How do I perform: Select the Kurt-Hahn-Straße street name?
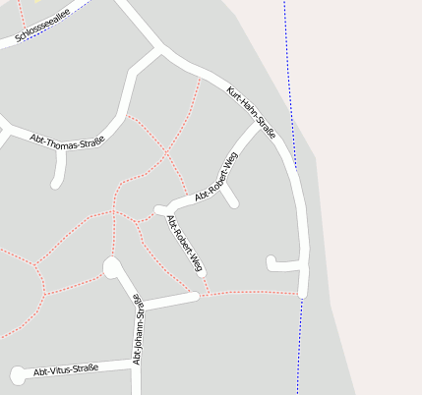pos(251,112)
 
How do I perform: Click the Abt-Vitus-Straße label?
pos(66,370)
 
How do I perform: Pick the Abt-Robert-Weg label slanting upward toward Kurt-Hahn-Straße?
pos(216,178)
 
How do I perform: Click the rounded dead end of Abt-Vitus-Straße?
pos(17,373)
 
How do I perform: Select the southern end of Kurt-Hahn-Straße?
pos(303,292)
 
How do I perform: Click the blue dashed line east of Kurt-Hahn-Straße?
pos(292,118)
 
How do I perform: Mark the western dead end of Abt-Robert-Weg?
pos(157,209)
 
